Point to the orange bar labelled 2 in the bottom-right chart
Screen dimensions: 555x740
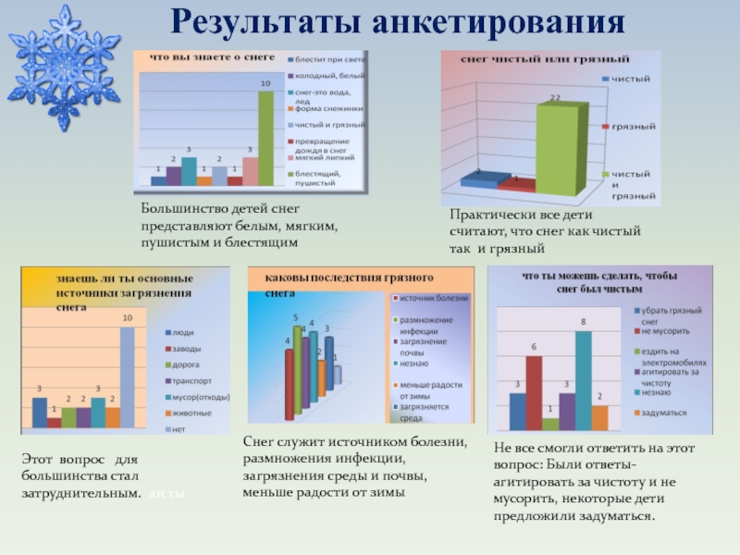coord(599,417)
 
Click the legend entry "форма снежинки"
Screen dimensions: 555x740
coord(326,109)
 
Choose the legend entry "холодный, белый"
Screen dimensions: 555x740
coord(326,75)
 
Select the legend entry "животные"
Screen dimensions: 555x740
coord(194,413)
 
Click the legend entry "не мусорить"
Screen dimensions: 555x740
coord(665,329)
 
